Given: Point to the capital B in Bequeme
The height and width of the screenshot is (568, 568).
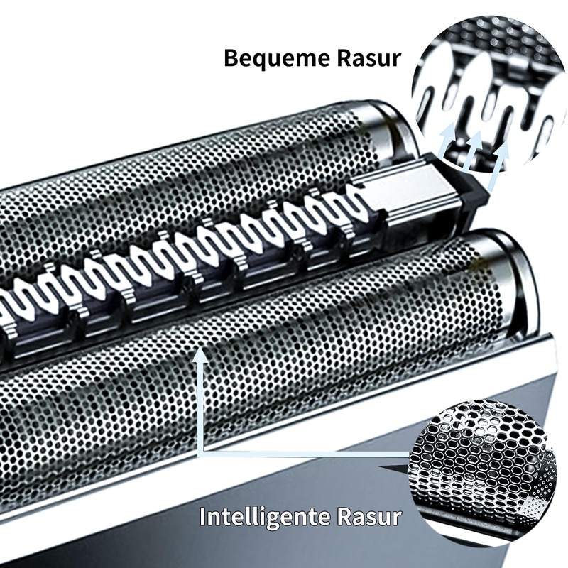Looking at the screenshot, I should tap(231, 58).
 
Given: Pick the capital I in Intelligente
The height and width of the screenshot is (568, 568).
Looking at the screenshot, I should tap(203, 515).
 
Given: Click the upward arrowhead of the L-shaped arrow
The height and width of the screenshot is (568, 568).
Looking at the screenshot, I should tap(201, 359).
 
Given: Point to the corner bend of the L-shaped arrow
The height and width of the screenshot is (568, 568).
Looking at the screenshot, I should tap(202, 452).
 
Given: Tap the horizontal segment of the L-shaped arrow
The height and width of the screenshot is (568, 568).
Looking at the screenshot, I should tap(305, 452).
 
